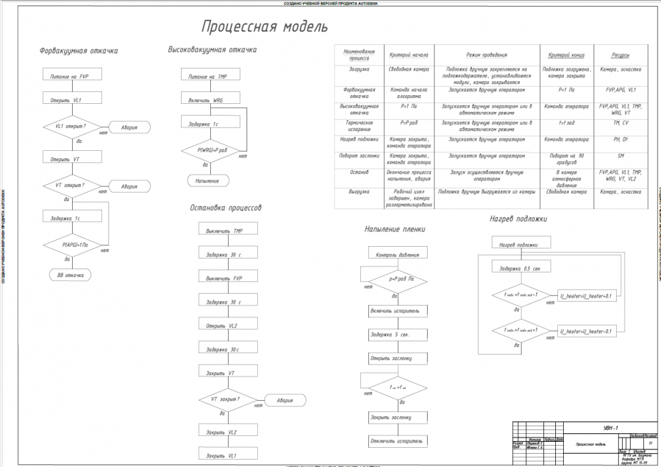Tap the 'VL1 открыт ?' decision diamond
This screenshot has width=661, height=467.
pyautogui.click(x=69, y=126)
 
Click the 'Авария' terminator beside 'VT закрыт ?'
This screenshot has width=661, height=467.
pyautogui.click(x=286, y=401)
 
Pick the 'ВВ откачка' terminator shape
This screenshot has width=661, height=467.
pyautogui.click(x=69, y=274)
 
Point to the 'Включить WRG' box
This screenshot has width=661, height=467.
pyautogui.click(x=208, y=100)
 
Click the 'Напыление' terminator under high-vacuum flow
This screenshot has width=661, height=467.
pyautogui.click(x=208, y=180)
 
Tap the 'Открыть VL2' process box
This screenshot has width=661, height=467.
pyautogui.click(x=228, y=326)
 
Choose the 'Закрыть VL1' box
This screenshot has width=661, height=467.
pyautogui.click(x=228, y=456)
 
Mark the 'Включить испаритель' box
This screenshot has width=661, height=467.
pyautogui.click(x=395, y=310)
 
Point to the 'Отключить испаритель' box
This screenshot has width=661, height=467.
pyautogui.click(x=395, y=441)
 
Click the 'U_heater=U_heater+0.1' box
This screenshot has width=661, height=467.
pyautogui.click(x=586, y=295)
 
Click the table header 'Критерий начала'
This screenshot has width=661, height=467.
pyautogui.click(x=410, y=56)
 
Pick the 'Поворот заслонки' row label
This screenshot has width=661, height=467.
pyautogui.click(x=360, y=156)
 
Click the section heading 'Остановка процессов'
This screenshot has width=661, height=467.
pyautogui.click(x=225, y=208)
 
